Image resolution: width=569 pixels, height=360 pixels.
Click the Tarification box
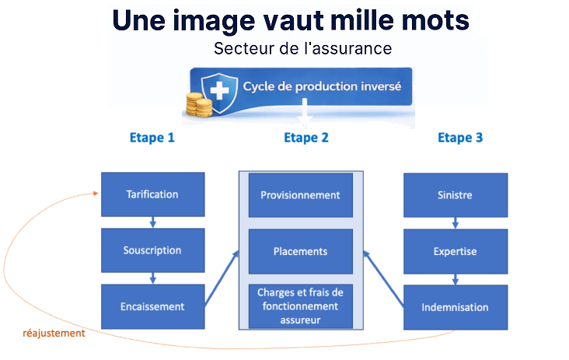coord(152,194)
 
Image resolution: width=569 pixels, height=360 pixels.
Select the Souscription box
coord(152,250)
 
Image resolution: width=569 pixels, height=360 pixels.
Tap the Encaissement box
coord(152,306)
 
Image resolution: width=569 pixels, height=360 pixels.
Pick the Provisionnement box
coord(300,194)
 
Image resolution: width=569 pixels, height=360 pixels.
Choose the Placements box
coord(300,251)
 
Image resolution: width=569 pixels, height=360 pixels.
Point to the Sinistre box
coord(455,194)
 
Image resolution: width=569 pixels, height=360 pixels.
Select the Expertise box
coord(455,251)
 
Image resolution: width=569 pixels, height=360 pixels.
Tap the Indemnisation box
coord(455,306)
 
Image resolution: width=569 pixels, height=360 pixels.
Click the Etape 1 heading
coord(152,138)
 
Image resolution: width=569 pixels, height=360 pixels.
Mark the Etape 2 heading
coord(305,138)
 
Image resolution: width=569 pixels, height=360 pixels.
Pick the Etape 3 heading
coord(460,138)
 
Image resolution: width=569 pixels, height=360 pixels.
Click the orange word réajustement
coord(54,334)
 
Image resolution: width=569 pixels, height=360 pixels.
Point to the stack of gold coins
coord(199,104)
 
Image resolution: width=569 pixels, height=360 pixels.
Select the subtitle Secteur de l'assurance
coord(302,48)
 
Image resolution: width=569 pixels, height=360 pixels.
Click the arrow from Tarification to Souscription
coord(152,222)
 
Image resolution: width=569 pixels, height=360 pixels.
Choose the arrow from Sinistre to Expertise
coord(455,222)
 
